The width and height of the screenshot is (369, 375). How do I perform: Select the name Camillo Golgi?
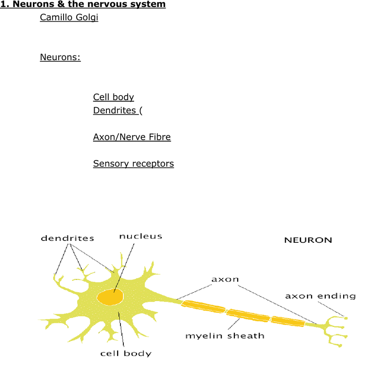click(x=69, y=17)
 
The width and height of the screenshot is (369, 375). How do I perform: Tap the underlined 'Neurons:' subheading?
click(x=60, y=57)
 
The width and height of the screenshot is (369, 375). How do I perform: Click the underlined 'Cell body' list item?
click(x=113, y=97)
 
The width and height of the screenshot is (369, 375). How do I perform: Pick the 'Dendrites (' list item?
click(x=118, y=111)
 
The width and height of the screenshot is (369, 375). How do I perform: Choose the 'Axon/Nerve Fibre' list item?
click(x=132, y=137)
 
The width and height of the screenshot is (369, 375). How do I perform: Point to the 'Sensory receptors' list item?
click(x=133, y=164)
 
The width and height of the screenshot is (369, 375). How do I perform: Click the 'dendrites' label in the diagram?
click(x=67, y=238)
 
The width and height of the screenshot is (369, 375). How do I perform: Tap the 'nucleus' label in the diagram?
click(x=141, y=236)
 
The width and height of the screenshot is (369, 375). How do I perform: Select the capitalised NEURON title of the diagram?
click(x=308, y=240)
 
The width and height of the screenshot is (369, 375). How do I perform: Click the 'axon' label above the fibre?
click(x=225, y=279)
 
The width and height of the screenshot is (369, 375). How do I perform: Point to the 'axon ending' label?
click(x=321, y=296)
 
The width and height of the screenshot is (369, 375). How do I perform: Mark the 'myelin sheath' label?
click(x=225, y=336)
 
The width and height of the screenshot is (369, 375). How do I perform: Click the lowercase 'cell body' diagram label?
click(x=126, y=353)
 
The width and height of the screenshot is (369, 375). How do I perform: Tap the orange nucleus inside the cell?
click(x=110, y=297)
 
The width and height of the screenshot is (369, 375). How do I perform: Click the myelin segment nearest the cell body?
click(x=203, y=307)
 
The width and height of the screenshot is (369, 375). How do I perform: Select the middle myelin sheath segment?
click(x=248, y=315)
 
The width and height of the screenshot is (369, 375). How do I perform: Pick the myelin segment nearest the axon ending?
click(x=288, y=321)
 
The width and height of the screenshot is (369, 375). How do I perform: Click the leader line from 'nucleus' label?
click(x=124, y=268)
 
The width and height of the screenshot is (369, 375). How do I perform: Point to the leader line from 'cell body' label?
click(x=121, y=329)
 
